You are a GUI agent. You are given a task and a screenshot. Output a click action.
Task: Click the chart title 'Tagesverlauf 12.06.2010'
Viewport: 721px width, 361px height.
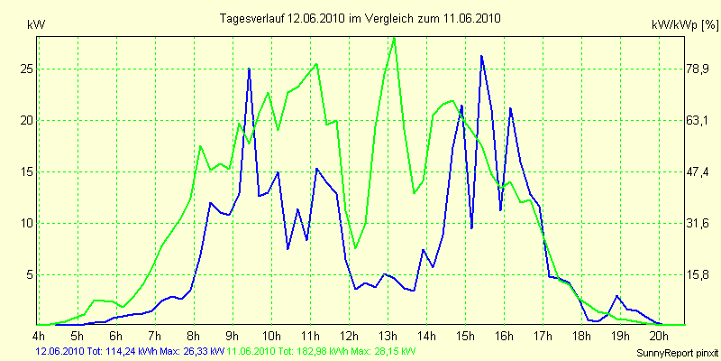pos(360,18)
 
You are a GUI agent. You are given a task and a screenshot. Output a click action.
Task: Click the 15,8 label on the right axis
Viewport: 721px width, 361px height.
pos(674,274)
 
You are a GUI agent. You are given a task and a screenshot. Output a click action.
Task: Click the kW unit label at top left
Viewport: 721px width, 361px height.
pos(37,28)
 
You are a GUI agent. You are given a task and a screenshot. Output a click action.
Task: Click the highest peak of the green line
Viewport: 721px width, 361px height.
pos(394,37)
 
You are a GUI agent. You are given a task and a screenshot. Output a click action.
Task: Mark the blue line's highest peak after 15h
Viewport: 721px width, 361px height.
pos(482,56)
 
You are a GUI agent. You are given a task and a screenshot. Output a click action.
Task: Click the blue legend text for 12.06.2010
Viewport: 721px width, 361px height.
pos(126,350)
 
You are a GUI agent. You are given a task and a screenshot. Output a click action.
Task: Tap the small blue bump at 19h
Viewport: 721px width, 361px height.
pos(617,296)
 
